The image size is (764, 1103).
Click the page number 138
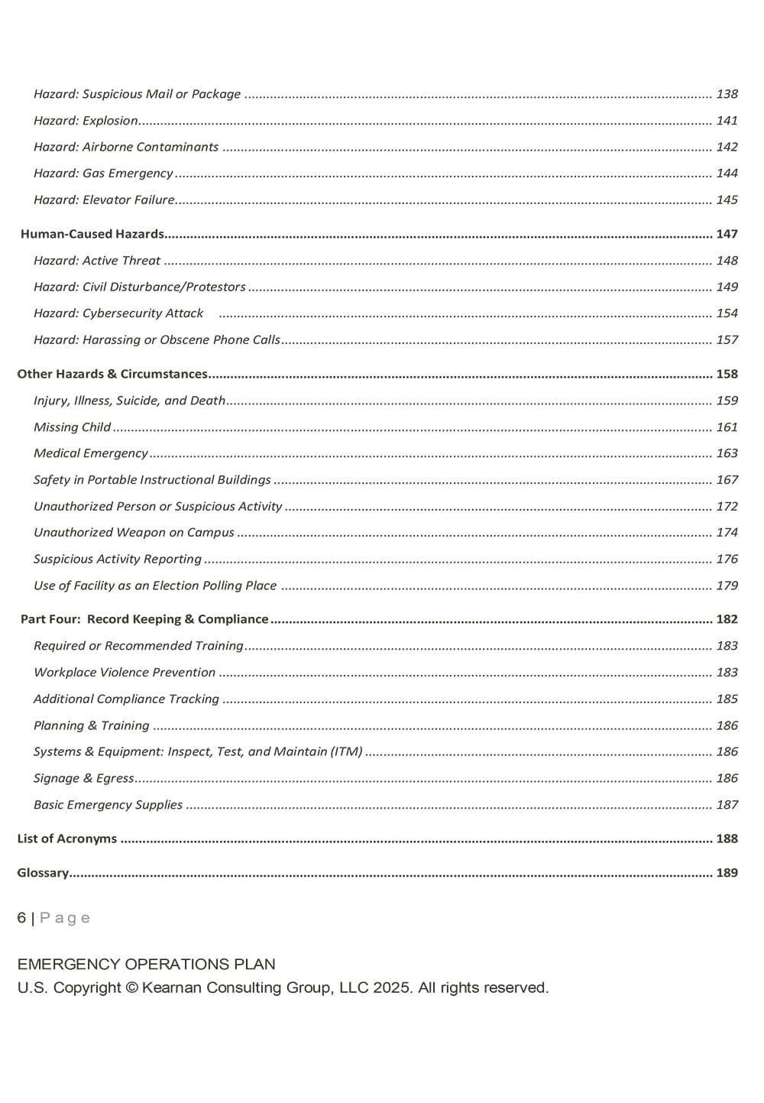click(x=727, y=94)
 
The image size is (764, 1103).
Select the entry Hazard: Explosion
click(x=86, y=121)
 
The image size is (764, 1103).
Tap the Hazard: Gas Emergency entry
click(x=103, y=174)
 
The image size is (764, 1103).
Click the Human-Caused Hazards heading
click(x=92, y=234)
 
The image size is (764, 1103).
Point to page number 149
click(x=727, y=287)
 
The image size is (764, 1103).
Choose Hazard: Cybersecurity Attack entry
click(x=118, y=313)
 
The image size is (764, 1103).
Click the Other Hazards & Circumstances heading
click(x=112, y=375)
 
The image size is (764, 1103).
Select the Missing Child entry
click(x=72, y=427)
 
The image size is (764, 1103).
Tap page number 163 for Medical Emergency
click(x=727, y=453)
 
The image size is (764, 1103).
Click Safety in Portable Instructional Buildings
click(x=152, y=480)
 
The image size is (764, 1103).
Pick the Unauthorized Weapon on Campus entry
click(x=134, y=533)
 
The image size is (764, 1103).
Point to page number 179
click(x=727, y=586)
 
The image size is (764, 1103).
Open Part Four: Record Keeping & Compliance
click(x=144, y=619)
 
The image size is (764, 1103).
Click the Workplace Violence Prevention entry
click(x=125, y=673)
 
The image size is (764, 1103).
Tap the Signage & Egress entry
click(x=84, y=778)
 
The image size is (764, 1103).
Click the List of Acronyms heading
click(x=67, y=839)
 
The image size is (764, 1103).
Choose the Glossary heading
click(x=43, y=873)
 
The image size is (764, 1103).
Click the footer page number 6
click(x=21, y=918)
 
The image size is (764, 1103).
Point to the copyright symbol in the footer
click(x=131, y=988)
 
